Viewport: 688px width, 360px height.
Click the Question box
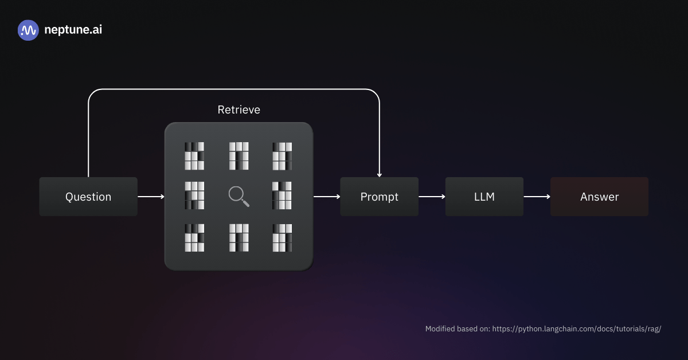pos(88,197)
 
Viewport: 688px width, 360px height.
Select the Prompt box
pos(379,197)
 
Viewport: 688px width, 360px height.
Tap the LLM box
pos(484,197)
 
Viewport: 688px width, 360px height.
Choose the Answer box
pos(599,197)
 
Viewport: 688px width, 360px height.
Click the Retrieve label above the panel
pos(239,109)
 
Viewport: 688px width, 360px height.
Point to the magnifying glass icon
pos(239,196)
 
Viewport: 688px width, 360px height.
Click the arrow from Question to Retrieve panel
pos(151,197)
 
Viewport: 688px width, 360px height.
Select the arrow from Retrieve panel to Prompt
pos(327,197)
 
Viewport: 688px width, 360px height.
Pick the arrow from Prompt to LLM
pos(432,197)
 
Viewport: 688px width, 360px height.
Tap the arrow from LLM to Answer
pos(537,197)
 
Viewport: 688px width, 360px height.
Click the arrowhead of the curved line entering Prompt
pos(379,174)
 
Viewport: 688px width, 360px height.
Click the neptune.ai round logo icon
pos(28,30)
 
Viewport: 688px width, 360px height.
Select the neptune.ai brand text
pos(73,30)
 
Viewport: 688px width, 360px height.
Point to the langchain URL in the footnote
pos(577,329)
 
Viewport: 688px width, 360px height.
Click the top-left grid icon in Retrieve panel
pos(194,156)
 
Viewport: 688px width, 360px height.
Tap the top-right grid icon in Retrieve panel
pos(282,156)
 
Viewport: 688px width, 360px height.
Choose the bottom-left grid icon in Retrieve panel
pos(194,237)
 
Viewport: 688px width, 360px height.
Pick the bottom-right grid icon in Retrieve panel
pos(282,237)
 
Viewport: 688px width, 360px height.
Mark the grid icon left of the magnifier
pos(194,195)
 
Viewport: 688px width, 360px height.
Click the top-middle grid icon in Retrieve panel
pos(239,156)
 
